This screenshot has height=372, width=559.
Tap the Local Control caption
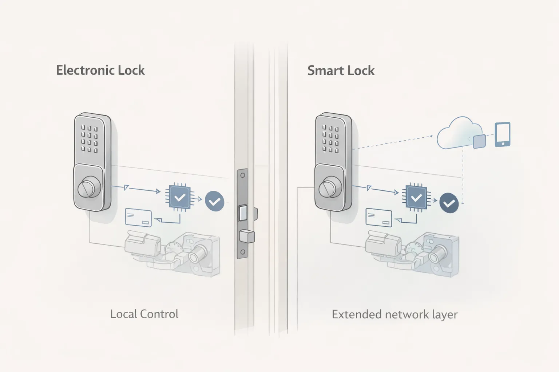coord(144,314)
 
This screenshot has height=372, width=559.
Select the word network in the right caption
coord(407,314)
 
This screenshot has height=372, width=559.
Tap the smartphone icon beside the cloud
coord(503,134)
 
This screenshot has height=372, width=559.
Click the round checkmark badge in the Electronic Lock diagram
coord(215,201)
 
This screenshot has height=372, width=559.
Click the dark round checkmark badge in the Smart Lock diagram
coord(449,203)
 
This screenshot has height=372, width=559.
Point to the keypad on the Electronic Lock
coord(90,138)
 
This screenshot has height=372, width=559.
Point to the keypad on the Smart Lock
coord(330,139)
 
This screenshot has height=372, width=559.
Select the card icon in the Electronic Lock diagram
coord(138,218)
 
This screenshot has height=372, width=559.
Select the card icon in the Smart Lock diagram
coord(379,218)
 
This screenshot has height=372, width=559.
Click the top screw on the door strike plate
coord(243,175)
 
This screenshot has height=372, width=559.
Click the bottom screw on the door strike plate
coord(243,252)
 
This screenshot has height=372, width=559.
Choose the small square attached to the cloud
coord(479,141)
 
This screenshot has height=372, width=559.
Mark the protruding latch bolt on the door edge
coord(247,236)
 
